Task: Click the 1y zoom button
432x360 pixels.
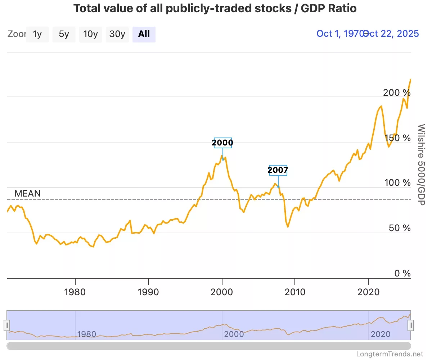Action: click(37, 34)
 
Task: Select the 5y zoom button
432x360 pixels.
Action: click(64, 34)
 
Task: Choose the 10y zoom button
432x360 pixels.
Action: click(90, 34)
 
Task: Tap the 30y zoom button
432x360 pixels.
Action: click(117, 34)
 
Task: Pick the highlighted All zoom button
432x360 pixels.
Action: click(144, 34)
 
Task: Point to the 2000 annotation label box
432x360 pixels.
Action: click(222, 143)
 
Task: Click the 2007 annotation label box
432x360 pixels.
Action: click(278, 170)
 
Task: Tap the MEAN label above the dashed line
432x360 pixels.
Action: click(27, 193)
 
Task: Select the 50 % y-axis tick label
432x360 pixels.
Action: click(400, 228)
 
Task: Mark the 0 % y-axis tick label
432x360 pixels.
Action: click(402, 274)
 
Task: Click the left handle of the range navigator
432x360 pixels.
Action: click(7, 325)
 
